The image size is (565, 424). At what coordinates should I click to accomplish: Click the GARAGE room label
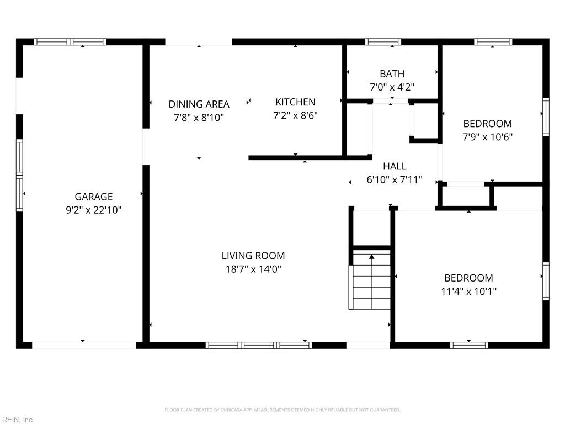coord(93,197)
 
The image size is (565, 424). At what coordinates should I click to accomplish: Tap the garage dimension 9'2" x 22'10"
coord(93,210)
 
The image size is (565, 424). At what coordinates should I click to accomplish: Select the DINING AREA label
coord(199,104)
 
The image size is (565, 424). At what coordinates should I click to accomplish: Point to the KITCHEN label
coord(295,102)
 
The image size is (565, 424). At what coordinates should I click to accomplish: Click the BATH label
coord(392,73)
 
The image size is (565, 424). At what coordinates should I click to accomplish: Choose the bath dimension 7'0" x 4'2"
coord(392,87)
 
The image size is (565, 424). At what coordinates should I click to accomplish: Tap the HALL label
coord(395,166)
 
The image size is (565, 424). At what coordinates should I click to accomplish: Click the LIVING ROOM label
coord(253,256)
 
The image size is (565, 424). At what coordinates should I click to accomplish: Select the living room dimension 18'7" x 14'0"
coord(253,269)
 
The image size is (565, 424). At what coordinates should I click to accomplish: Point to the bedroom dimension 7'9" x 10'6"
coord(487,137)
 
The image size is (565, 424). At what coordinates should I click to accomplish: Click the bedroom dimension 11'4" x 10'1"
coord(468,291)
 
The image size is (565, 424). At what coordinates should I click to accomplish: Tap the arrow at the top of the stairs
coord(372,257)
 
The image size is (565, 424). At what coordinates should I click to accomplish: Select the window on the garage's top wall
coord(70,41)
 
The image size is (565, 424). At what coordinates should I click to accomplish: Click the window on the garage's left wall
coord(19,176)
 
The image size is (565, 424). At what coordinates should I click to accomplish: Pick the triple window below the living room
coord(258,345)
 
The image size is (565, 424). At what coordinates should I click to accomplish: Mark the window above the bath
coord(383,41)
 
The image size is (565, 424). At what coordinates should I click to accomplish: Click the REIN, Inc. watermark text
coord(17,420)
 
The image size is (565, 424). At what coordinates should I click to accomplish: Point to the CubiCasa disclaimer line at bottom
coord(282,410)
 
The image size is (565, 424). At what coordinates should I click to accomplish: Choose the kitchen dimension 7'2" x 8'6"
coord(295,115)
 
